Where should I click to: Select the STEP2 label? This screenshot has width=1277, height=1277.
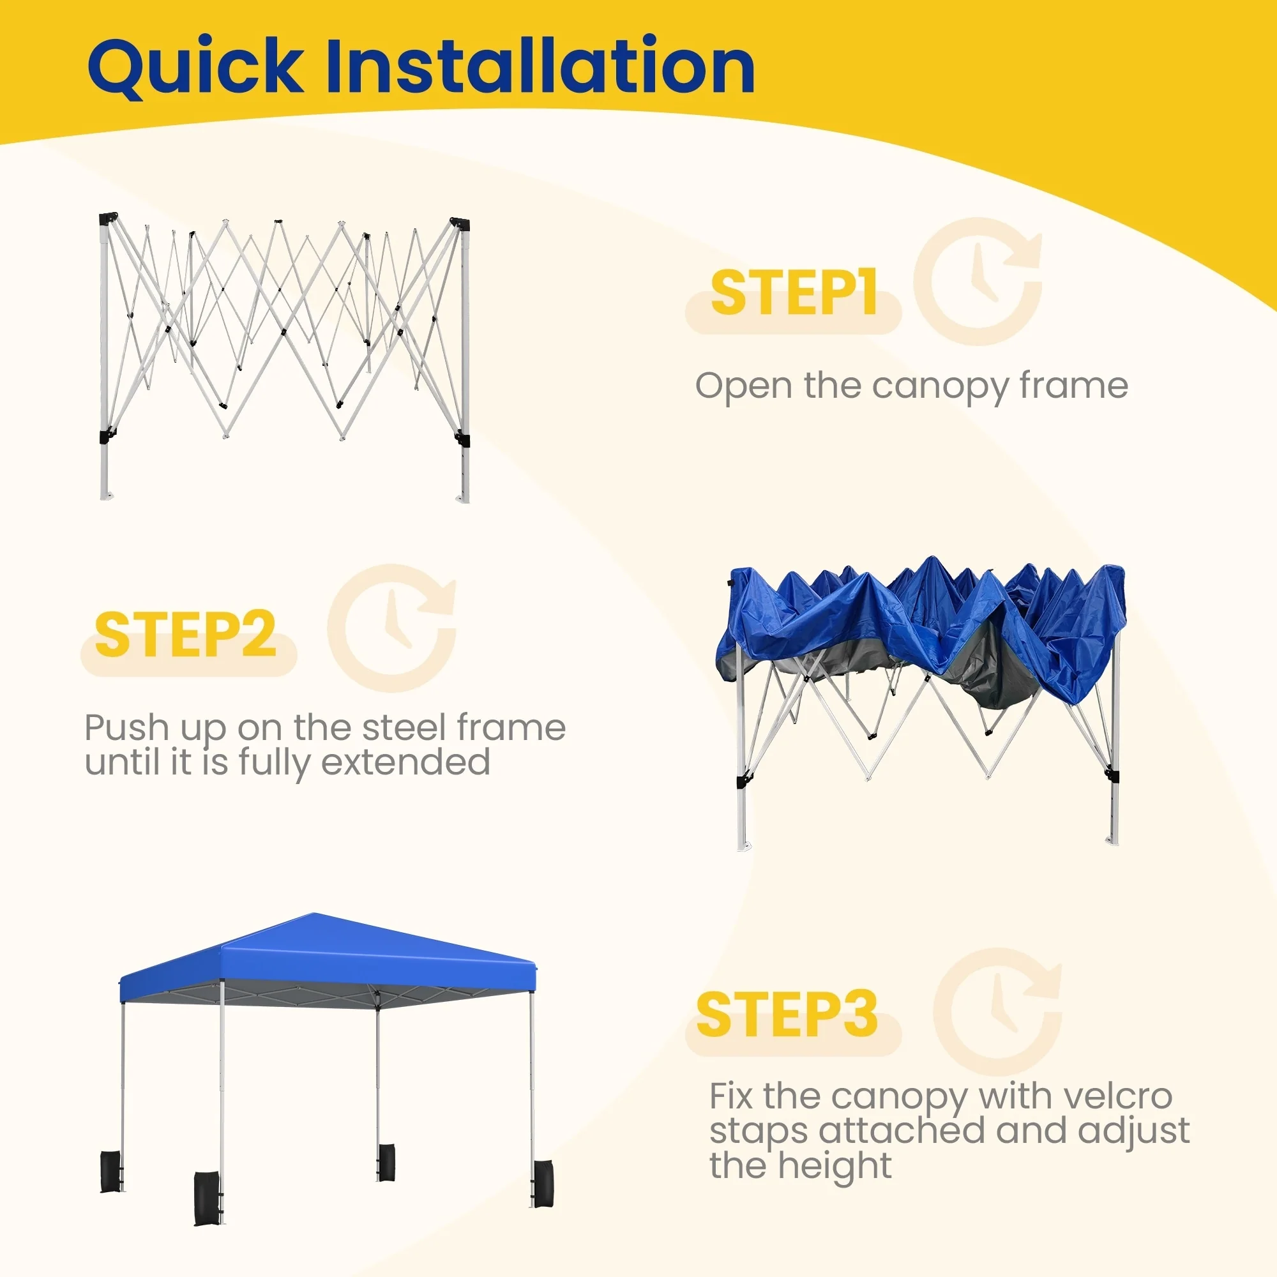(185, 635)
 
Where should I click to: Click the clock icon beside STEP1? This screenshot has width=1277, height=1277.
(978, 281)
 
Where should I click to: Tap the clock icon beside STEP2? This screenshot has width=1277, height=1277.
(392, 628)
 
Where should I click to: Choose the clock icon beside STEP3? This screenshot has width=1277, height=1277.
(997, 1012)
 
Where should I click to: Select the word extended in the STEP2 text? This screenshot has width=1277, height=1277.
(406, 762)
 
